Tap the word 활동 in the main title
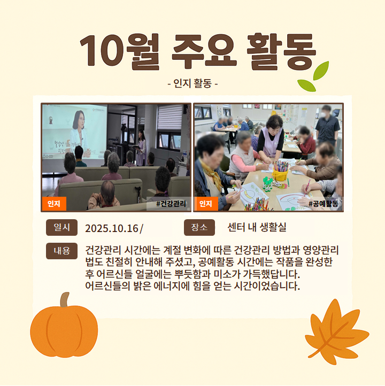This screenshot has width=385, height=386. (x=281, y=52)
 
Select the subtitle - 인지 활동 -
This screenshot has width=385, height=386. (x=192, y=83)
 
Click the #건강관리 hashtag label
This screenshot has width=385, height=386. (x=171, y=204)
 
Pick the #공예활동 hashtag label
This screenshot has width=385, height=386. (x=323, y=204)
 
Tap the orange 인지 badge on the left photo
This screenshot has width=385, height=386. (x=54, y=204)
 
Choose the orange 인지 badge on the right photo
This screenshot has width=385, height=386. (x=206, y=204)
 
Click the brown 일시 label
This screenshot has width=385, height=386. (x=62, y=227)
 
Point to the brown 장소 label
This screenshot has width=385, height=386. (x=199, y=227)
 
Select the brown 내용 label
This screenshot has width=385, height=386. (x=62, y=251)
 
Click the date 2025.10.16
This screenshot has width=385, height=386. (x=112, y=228)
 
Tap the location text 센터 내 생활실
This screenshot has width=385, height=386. (x=257, y=227)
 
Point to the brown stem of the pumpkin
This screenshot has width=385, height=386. (x=65, y=299)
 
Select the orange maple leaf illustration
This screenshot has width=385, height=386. (x=337, y=331)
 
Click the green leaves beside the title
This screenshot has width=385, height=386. (x=313, y=77)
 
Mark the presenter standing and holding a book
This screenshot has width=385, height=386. (x=141, y=148)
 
